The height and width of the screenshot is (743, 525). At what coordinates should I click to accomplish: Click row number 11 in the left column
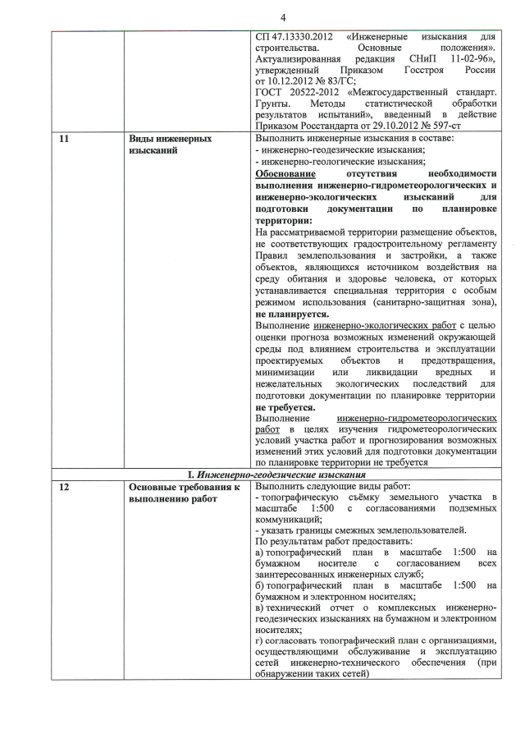click(x=64, y=139)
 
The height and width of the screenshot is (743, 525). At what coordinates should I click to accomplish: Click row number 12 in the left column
click(x=64, y=487)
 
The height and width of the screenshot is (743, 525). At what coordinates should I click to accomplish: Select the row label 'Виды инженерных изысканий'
click(x=171, y=145)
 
